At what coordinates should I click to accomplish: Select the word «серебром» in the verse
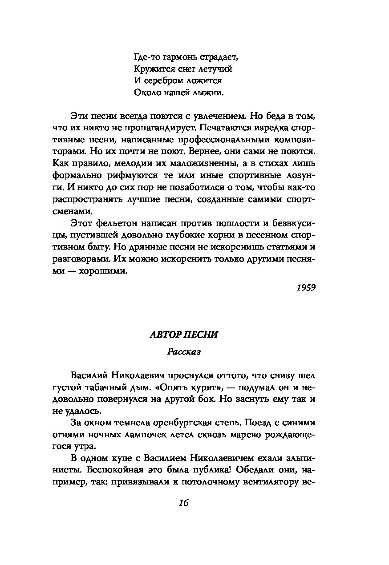coord(162,81)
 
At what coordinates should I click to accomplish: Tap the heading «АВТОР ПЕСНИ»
coord(184,335)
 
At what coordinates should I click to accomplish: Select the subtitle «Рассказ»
coord(184,352)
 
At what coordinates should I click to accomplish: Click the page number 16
coord(184,503)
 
